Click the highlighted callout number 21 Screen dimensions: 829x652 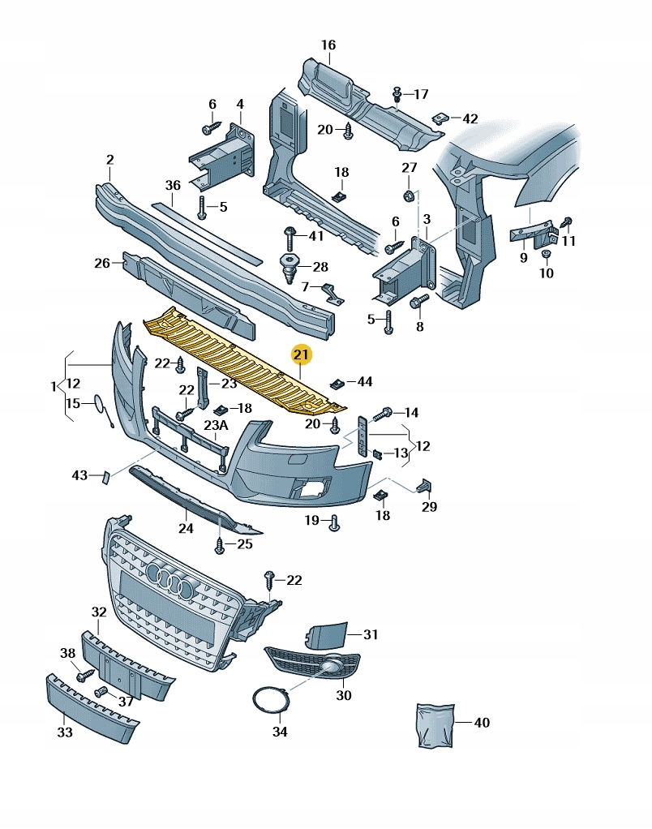pyautogui.click(x=302, y=354)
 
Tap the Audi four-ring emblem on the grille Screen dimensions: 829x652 pyautogui.click(x=172, y=581)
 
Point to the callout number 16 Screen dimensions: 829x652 pyautogui.click(x=328, y=45)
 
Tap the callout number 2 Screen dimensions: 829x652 pyautogui.click(x=110, y=160)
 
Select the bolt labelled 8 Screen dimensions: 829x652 pyautogui.click(x=419, y=304)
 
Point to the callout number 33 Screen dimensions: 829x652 pyautogui.click(x=65, y=732)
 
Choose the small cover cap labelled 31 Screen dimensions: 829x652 pyautogui.click(x=326, y=635)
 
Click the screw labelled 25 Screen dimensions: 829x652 pyautogui.click(x=220, y=546)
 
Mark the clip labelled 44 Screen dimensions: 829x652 pyautogui.click(x=337, y=383)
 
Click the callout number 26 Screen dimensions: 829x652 pyautogui.click(x=101, y=263)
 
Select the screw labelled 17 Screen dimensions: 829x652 pyautogui.click(x=397, y=94)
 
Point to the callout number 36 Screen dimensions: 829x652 pyautogui.click(x=172, y=185)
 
